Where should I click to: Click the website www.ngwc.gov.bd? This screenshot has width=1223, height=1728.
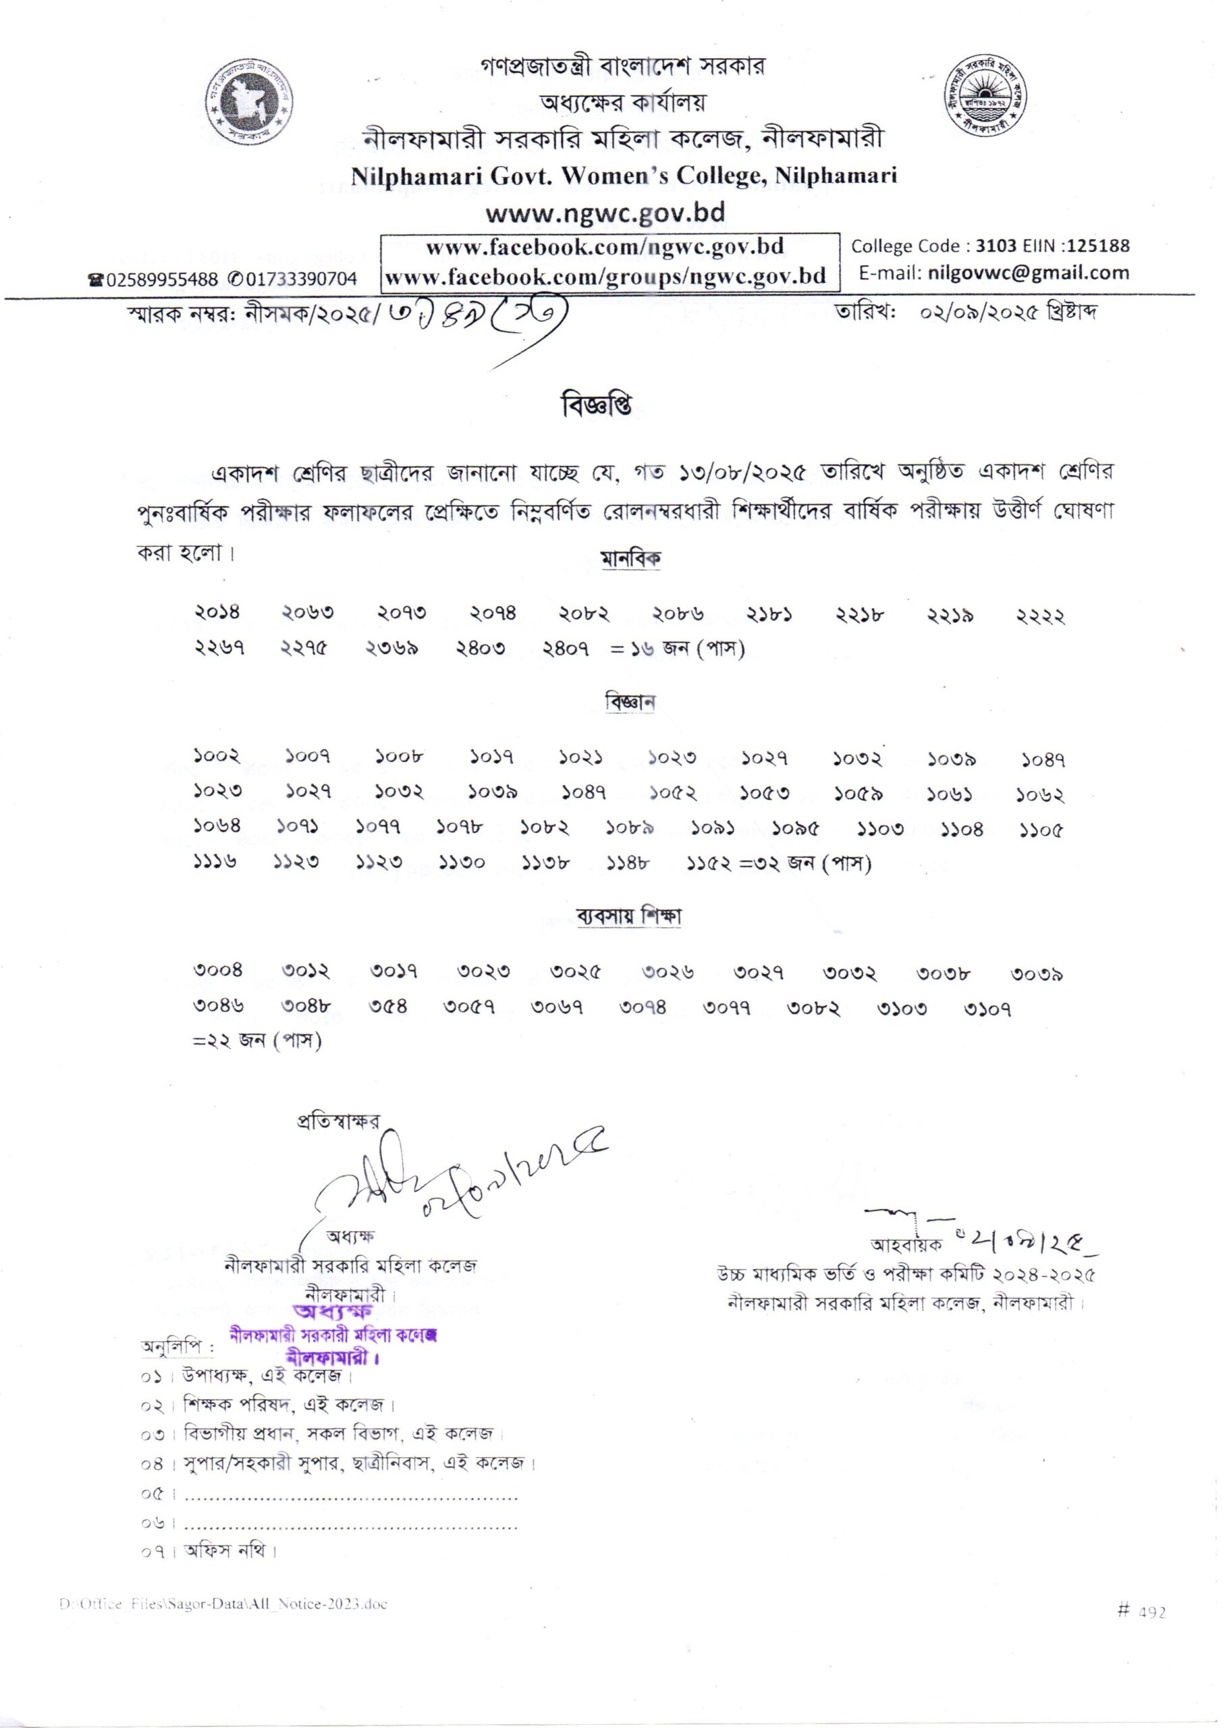[x=605, y=213]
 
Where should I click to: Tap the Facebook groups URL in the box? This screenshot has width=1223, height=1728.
[x=605, y=275]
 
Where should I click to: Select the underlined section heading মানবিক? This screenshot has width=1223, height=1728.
[x=631, y=560]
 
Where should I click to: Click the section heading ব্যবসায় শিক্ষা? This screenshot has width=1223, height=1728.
[x=629, y=917]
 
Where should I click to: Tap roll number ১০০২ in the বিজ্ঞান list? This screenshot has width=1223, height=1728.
[x=216, y=755]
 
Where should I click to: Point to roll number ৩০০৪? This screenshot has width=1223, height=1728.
[x=219, y=971]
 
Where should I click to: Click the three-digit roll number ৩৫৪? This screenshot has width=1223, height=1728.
[x=388, y=1005]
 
